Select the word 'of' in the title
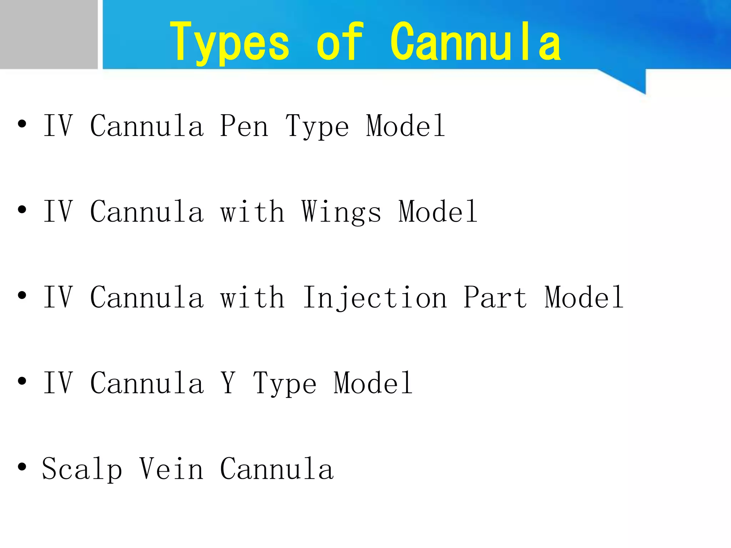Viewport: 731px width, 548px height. point(340,42)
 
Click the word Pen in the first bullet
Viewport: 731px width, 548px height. point(244,126)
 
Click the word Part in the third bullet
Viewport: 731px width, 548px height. point(495,298)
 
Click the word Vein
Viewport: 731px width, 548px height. point(171,469)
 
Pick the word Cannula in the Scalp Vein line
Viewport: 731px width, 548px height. point(277,469)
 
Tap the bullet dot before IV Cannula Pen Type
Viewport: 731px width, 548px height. point(22,124)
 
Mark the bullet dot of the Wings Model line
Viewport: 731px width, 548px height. point(22,210)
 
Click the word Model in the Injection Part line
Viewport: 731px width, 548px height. point(584,298)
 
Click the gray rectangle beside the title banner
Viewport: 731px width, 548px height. point(49,34)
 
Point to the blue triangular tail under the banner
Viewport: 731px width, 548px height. point(632,80)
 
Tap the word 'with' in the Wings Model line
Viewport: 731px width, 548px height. point(252,212)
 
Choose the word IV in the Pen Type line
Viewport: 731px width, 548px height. point(58,126)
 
